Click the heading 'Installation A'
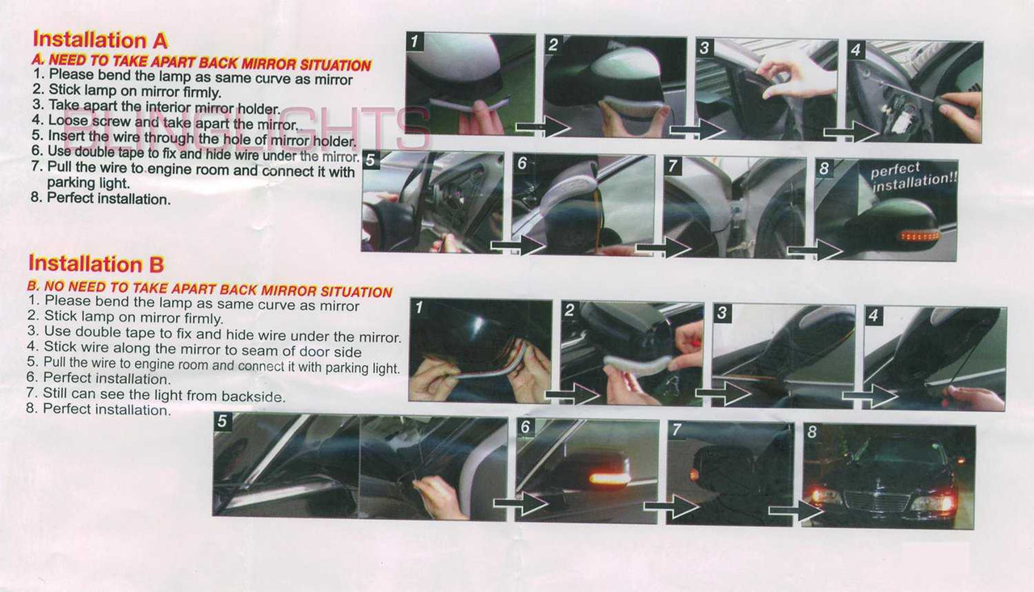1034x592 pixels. [x=100, y=40]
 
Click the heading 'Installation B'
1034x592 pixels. [x=96, y=263]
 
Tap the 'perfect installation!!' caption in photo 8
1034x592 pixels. [x=914, y=177]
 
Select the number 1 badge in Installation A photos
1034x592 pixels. [x=414, y=41]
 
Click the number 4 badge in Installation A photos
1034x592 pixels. [x=855, y=49]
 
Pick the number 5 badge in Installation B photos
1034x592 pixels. [x=222, y=422]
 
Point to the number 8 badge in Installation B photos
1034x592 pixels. [x=812, y=432]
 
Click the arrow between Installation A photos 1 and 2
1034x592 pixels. [x=543, y=126]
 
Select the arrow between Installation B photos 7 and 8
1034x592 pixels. [x=796, y=510]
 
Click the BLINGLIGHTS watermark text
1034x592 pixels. [x=246, y=128]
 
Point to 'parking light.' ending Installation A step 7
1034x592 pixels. [x=89, y=183]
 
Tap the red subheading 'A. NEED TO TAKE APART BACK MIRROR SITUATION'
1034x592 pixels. [x=201, y=62]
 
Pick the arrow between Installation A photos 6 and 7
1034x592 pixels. [x=663, y=247]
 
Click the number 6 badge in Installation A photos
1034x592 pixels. [x=522, y=163]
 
